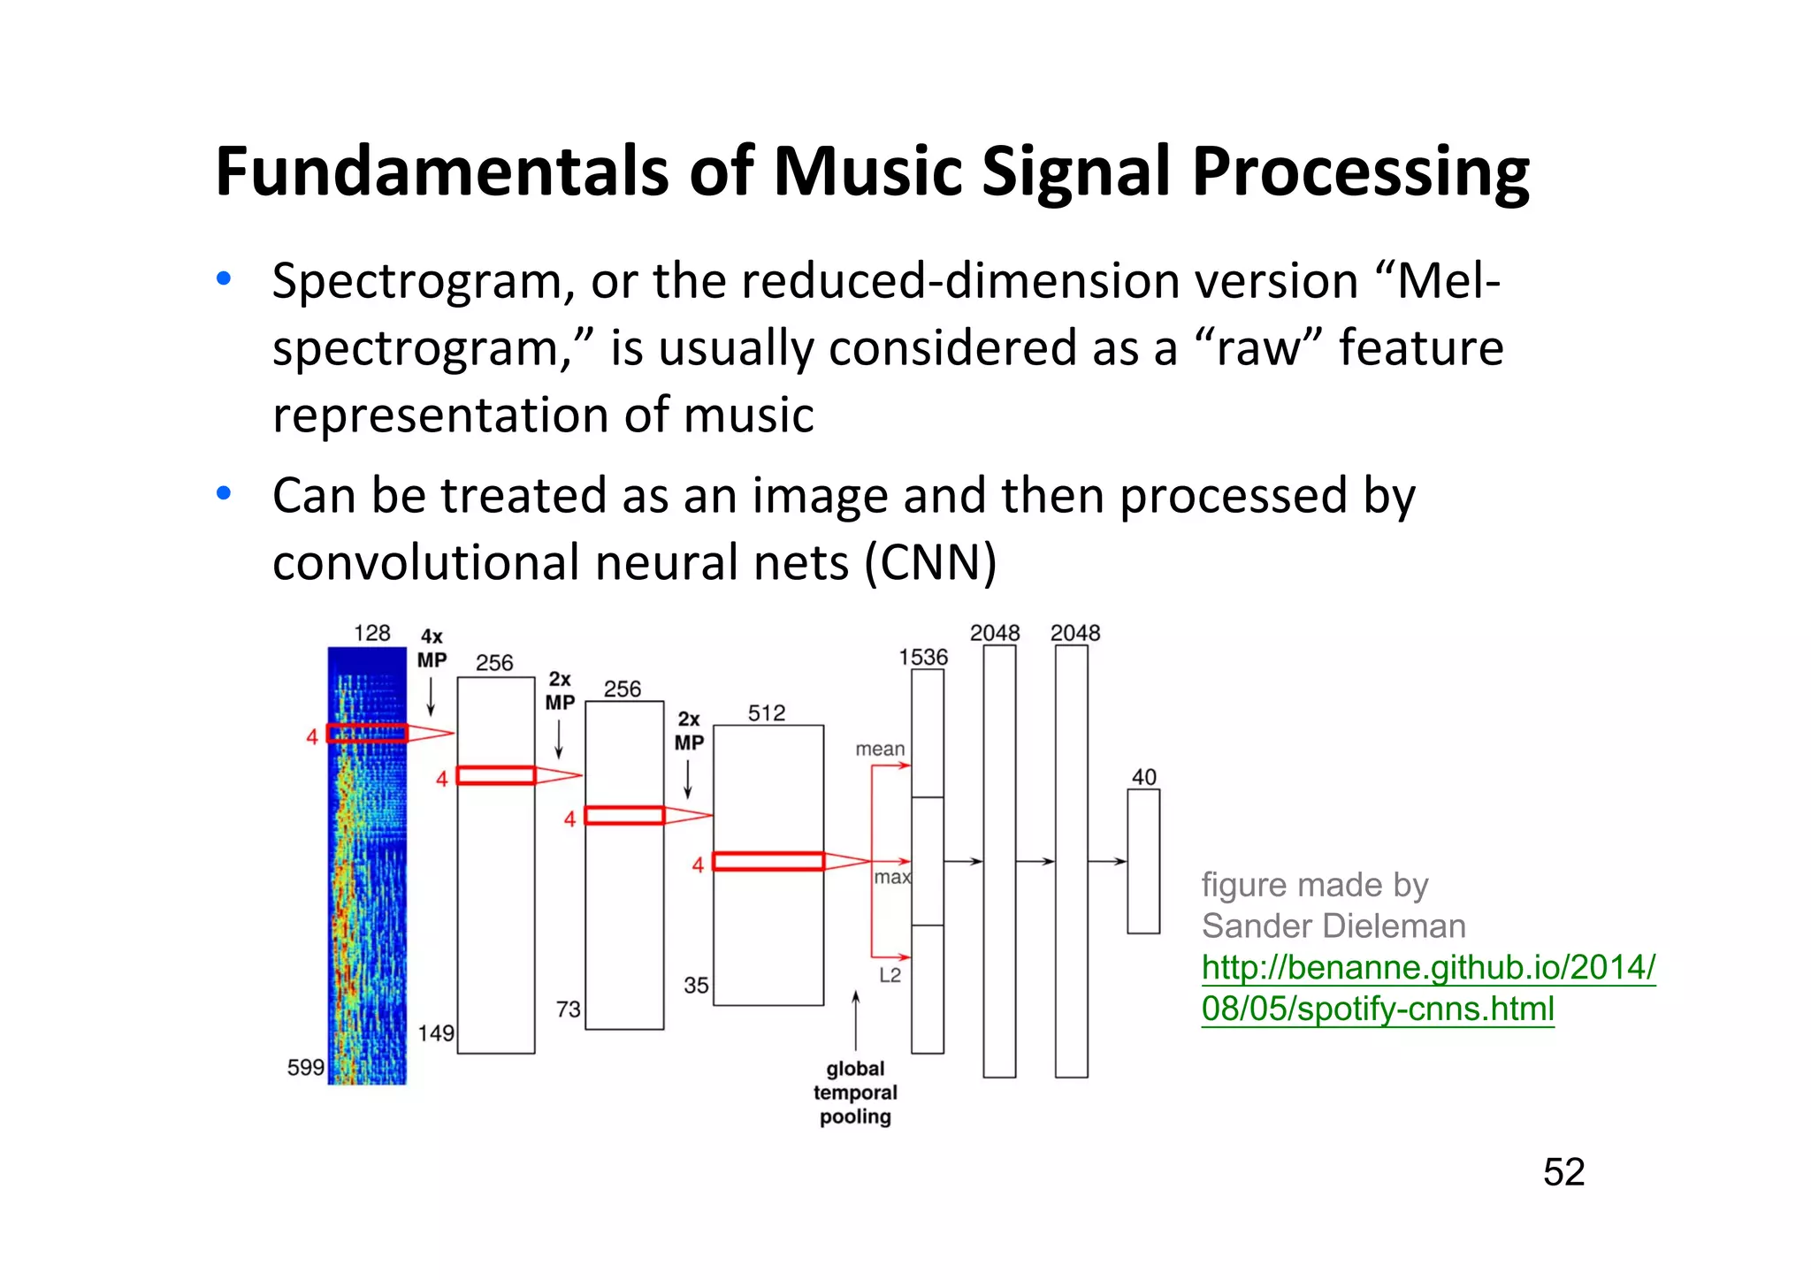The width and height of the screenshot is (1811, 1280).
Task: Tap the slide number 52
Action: click(1563, 1172)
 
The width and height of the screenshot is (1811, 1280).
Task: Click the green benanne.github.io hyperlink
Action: click(1427, 987)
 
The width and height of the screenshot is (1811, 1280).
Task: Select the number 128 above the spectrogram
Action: click(371, 633)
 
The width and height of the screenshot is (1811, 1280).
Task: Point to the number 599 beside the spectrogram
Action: click(305, 1067)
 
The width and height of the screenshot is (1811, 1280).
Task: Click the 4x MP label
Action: click(432, 648)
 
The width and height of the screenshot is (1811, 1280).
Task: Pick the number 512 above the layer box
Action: click(766, 712)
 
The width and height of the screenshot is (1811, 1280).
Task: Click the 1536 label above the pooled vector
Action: click(922, 657)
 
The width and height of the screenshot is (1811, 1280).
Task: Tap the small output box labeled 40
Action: click(1142, 861)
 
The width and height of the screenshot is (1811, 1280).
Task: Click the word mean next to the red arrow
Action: click(880, 749)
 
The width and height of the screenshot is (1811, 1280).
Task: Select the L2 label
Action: click(890, 975)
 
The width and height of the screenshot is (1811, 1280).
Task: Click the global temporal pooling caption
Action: click(855, 1093)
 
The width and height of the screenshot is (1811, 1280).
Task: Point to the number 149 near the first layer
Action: click(436, 1032)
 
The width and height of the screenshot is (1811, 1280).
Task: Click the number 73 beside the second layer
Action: click(568, 1009)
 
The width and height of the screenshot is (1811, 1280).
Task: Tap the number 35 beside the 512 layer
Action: click(696, 985)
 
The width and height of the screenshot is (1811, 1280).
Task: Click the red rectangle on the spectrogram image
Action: click(367, 733)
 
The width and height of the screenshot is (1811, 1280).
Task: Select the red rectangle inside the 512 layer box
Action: click(768, 861)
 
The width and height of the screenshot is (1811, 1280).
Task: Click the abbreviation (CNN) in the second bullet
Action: click(930, 562)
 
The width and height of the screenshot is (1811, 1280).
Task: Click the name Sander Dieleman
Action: click(1333, 926)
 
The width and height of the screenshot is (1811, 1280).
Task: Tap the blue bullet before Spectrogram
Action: click(224, 279)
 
